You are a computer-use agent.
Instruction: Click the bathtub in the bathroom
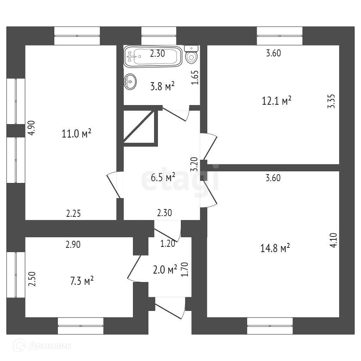(x=153, y=56)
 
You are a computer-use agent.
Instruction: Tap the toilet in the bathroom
(x=191, y=55)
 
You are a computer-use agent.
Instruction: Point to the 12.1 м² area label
(x=276, y=101)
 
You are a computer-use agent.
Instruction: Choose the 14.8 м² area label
(x=275, y=249)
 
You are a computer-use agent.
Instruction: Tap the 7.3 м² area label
(x=81, y=281)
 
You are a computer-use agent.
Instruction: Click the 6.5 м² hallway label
(x=163, y=178)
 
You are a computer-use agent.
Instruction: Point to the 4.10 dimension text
(x=334, y=241)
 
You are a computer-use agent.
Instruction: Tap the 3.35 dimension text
(x=331, y=101)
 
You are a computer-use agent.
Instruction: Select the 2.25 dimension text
(x=74, y=213)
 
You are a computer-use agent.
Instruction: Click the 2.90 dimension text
(x=73, y=245)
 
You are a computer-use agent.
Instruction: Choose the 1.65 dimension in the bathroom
(x=195, y=78)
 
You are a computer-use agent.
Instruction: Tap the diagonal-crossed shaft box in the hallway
(x=140, y=127)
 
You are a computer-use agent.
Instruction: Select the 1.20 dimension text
(x=168, y=244)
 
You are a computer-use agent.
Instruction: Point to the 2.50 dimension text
(x=32, y=279)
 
